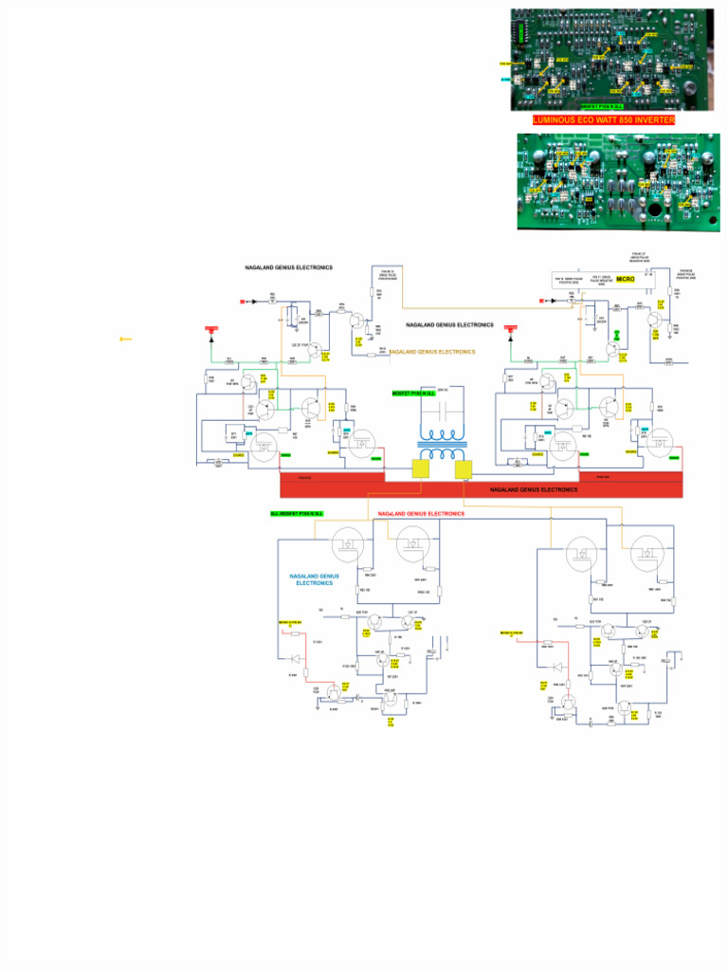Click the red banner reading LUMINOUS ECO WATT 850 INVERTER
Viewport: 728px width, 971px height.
pos(604,120)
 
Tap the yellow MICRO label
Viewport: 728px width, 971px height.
pos(625,280)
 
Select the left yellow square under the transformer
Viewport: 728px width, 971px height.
pos(421,470)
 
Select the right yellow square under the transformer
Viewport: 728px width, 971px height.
pos(464,470)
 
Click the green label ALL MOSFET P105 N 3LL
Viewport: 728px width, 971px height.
pos(297,513)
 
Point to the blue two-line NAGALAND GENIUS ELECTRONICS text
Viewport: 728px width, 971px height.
pos(315,579)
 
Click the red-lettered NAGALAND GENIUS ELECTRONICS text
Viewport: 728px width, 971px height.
pos(421,513)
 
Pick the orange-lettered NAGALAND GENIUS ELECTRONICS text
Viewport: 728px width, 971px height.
pos(432,352)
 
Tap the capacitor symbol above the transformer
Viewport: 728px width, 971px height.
pos(442,404)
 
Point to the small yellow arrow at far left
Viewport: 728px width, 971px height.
pos(125,339)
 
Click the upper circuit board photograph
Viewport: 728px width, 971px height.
pos(611,60)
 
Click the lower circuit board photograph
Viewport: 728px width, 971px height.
pos(618,181)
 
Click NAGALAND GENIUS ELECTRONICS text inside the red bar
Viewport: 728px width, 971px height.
pos(533,490)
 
